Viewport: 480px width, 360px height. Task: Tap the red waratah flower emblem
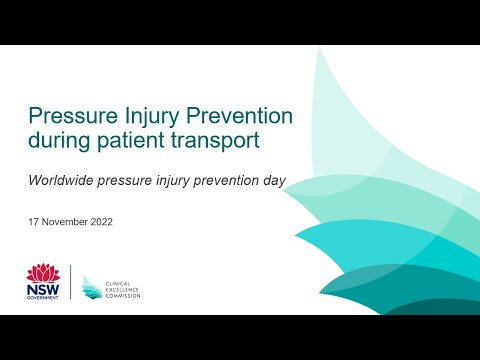click(42, 272)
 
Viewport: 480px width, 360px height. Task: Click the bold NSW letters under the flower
click(42, 289)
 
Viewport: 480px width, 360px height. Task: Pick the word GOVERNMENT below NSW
click(42, 299)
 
